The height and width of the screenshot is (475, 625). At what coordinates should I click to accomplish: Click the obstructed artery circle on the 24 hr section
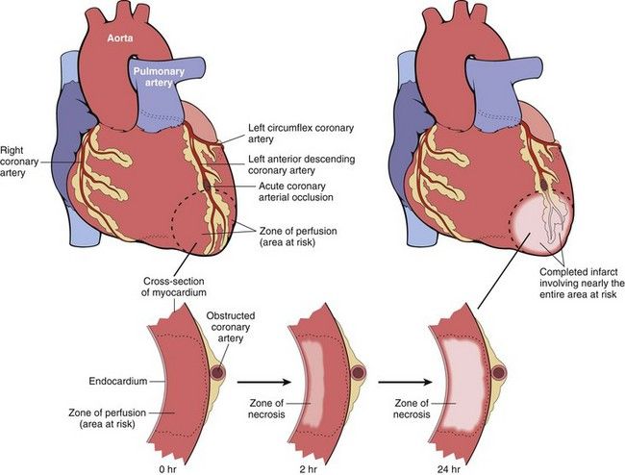point(499,372)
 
